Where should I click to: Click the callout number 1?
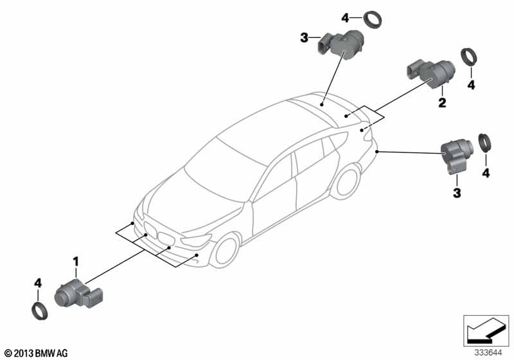76,262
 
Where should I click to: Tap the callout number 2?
442,103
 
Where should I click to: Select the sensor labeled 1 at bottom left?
78,294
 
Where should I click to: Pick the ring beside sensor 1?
39,312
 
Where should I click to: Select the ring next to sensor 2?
469,57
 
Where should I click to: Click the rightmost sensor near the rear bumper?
457,156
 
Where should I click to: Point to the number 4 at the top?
345,18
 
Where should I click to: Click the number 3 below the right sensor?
457,193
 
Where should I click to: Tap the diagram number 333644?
488,353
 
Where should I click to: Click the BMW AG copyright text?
37,353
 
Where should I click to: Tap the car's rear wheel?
346,183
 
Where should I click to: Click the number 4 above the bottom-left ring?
38,283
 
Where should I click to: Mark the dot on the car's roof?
322,105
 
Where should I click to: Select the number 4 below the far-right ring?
486,173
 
